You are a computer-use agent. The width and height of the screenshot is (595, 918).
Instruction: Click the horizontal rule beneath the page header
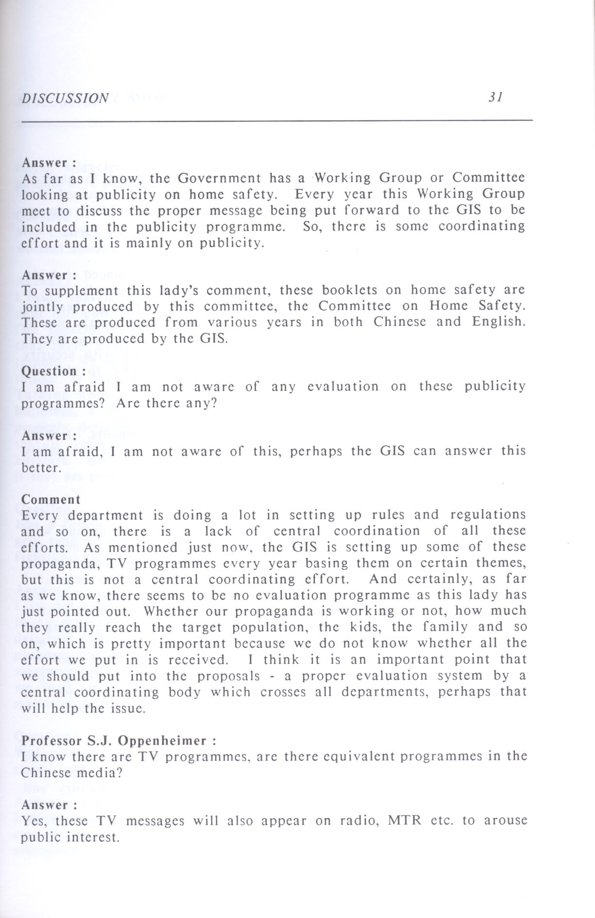coord(277,120)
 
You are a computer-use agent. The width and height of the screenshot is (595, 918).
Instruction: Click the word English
coord(498,322)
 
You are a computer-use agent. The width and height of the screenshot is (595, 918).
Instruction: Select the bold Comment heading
coord(51,500)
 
